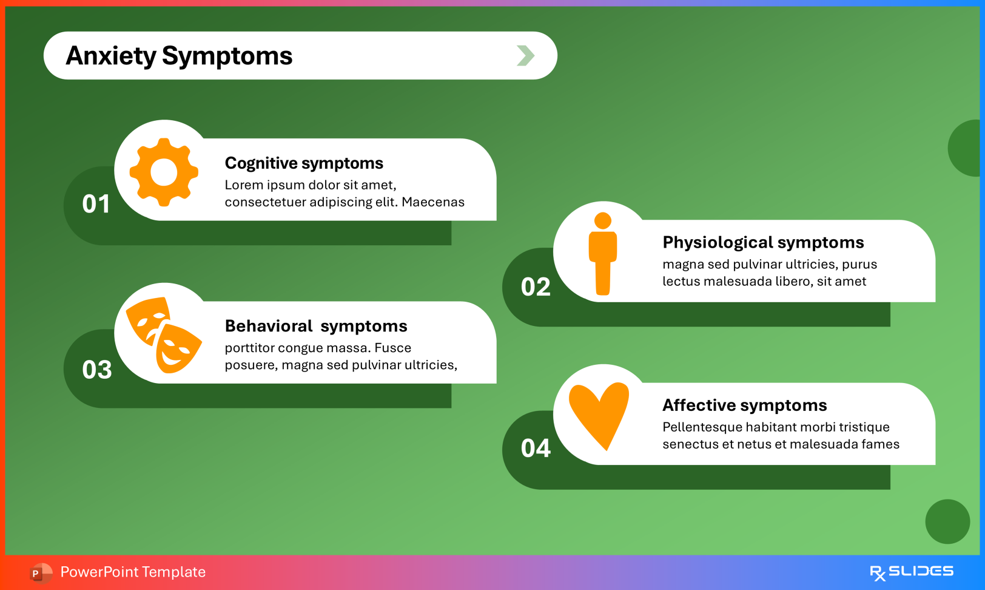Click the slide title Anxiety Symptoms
click(179, 56)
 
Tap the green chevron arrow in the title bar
click(525, 56)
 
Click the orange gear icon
click(164, 172)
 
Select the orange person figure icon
click(602, 254)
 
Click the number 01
click(96, 204)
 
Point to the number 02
click(536, 287)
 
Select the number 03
click(97, 370)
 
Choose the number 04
click(536, 449)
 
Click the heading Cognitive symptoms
click(304, 163)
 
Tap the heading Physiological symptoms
click(763, 242)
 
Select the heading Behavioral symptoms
click(316, 326)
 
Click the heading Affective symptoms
click(744, 405)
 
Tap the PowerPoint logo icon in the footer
click(40, 572)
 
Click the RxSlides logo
click(912, 572)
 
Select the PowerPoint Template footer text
click(133, 572)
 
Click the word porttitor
click(253, 348)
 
